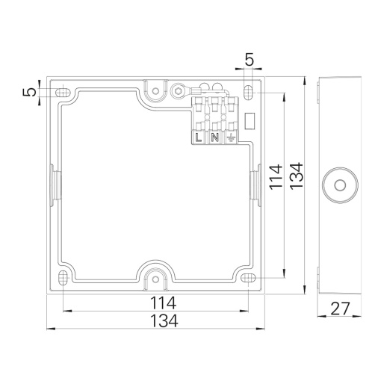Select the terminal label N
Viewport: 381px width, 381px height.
(x=215, y=137)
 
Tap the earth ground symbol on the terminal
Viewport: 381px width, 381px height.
(x=231, y=137)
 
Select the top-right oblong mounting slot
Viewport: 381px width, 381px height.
(x=249, y=93)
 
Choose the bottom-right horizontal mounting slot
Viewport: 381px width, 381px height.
(x=247, y=279)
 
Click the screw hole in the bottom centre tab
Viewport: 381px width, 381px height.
(x=155, y=278)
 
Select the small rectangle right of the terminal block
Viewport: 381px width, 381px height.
(x=251, y=120)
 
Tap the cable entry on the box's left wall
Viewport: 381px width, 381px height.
(x=54, y=185)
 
